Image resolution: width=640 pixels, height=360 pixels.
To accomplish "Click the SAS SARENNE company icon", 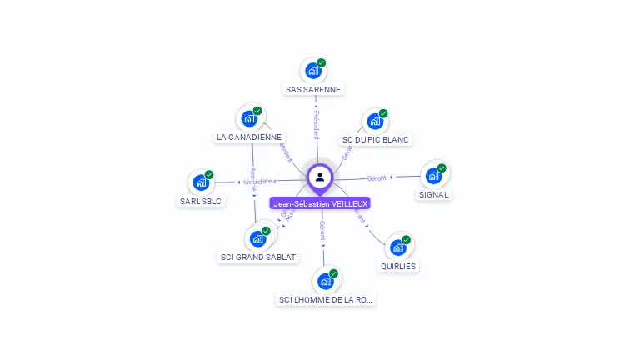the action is point(312,71).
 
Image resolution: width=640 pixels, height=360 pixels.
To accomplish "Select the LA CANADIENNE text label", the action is point(249,137).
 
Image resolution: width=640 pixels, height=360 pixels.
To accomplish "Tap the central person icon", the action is point(320,177).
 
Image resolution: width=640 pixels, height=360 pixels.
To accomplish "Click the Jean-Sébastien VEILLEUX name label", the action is point(320,203).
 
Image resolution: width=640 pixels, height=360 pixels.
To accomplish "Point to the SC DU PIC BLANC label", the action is point(376,140).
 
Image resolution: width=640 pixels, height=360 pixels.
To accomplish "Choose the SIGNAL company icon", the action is point(433,176).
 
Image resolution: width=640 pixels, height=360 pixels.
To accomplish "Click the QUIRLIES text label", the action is point(397,267).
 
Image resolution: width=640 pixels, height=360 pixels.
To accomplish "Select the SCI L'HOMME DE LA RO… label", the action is point(326,299).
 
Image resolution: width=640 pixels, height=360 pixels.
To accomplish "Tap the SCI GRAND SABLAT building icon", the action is point(257,238).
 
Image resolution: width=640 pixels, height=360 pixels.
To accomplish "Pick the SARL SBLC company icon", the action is point(201,182).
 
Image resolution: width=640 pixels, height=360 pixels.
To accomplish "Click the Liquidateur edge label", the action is point(261,181).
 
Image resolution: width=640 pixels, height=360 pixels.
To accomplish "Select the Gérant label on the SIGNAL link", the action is point(377,178).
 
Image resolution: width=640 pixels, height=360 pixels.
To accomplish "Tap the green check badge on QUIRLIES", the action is point(407,240).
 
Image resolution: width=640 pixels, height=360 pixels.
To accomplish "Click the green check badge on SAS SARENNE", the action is point(322,63).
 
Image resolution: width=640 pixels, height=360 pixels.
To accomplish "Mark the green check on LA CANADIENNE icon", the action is point(257,111).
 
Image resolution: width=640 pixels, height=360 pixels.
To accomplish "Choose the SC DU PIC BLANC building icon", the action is point(375,121).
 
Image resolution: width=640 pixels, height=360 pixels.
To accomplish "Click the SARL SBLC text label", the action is point(202,201).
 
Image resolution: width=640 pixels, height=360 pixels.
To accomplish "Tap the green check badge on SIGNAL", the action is point(442,168).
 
